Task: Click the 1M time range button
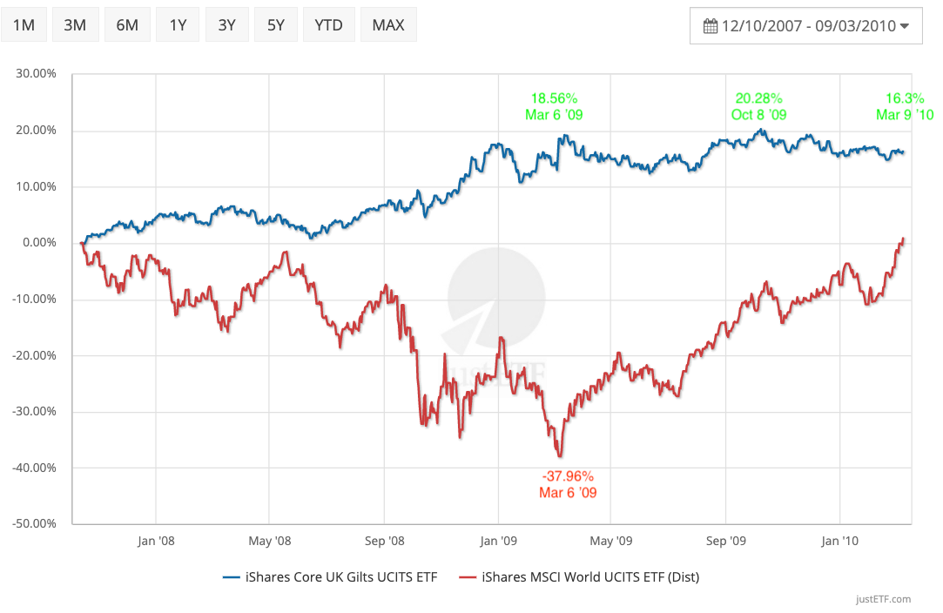tap(24, 24)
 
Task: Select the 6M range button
tap(127, 24)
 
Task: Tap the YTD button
tap(328, 24)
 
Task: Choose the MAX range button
tap(388, 24)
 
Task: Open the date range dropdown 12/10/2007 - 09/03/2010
tap(806, 26)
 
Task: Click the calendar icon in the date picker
tap(710, 26)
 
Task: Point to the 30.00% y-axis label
tap(36, 74)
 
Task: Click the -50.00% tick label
tap(34, 524)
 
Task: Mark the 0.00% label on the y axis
tap(38, 243)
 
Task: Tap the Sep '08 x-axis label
tap(384, 541)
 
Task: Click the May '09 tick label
tap(611, 541)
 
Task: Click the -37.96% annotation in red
tap(568, 476)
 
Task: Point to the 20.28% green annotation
tap(758, 98)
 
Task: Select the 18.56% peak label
tap(554, 98)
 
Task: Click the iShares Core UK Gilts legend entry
tap(330, 576)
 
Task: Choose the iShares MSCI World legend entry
tap(581, 576)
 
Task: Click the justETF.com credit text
tap(883, 599)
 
